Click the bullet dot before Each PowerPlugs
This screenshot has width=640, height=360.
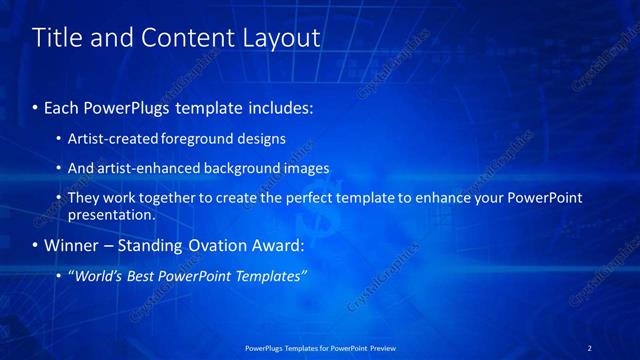tap(37, 105)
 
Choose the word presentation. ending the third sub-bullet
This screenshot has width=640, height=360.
tap(111, 214)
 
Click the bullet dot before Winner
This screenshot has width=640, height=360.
tap(37, 245)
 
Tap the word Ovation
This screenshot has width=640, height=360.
tap(225, 245)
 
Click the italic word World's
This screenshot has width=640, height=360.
tap(100, 276)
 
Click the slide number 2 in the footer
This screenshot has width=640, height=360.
tap(589, 347)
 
